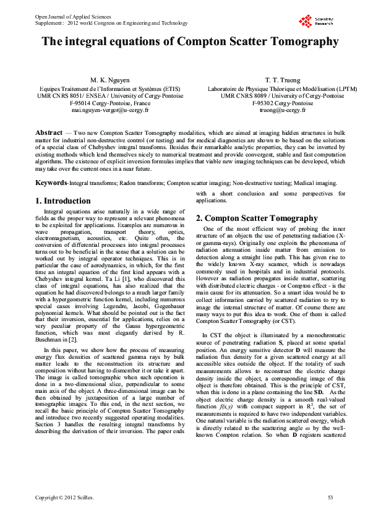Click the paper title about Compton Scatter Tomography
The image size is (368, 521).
[190, 43]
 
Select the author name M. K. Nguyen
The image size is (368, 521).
[110, 80]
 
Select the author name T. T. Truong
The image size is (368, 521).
[267, 80]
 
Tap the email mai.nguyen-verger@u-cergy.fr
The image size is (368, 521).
[110, 110]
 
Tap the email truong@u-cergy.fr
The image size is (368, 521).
[267, 110]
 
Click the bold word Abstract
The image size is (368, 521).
[49, 133]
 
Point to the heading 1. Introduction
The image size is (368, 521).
[62, 201]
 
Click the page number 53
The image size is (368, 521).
[330, 497]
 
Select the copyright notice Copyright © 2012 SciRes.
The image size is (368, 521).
[64, 497]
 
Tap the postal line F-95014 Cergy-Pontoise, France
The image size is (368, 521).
[110, 103]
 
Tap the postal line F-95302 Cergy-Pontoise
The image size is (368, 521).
[267, 103]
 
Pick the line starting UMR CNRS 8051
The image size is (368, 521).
[110, 96]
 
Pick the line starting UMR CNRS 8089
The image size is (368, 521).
[267, 96]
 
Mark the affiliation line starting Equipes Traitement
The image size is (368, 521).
[110, 88]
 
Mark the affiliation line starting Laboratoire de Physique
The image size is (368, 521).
[267, 88]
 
